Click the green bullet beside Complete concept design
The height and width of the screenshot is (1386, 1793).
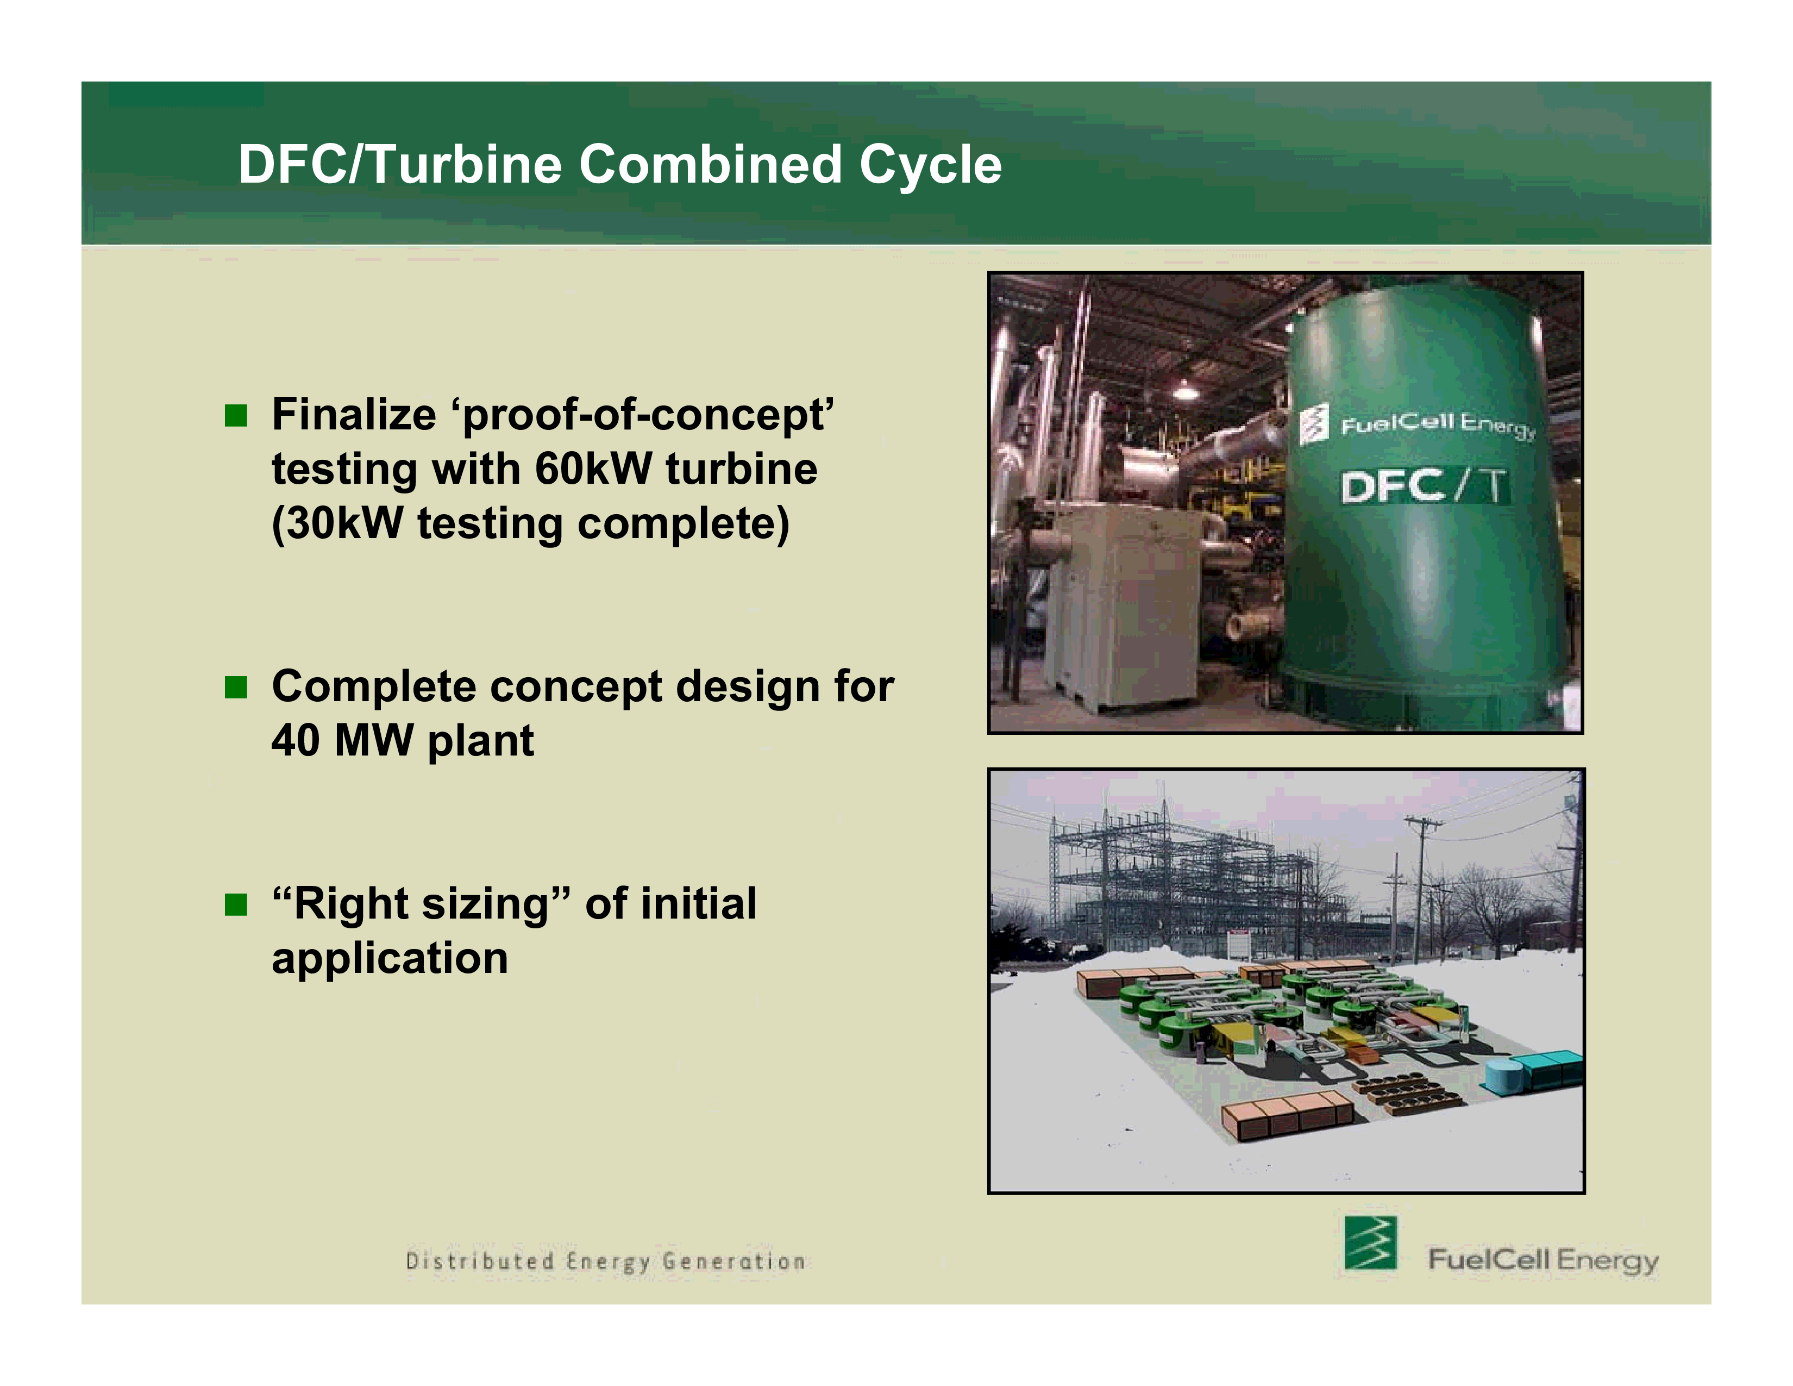(236, 687)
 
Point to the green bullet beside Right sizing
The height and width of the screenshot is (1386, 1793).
(236, 905)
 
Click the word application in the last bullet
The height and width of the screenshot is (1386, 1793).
(390, 959)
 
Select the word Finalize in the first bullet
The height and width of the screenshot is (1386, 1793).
(354, 415)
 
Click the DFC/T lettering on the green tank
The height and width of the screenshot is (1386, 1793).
(1425, 486)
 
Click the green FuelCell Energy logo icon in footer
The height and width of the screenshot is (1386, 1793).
(1369, 1243)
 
